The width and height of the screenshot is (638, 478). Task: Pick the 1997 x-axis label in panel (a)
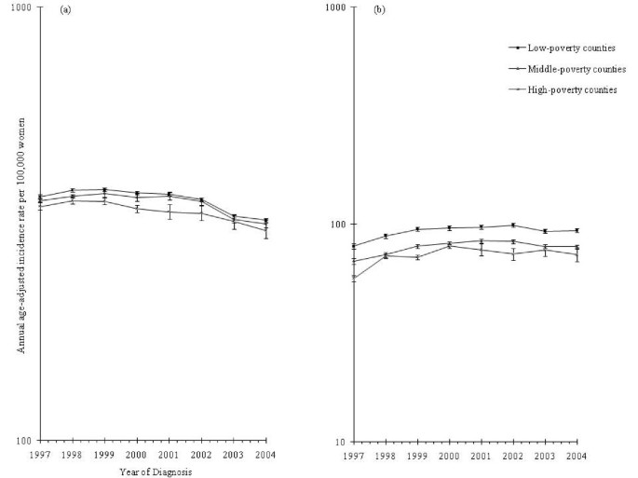(38, 455)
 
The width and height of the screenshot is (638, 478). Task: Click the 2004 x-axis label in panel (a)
(266, 455)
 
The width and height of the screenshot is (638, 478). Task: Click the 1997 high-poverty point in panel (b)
(353, 278)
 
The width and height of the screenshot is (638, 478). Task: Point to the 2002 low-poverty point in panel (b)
(513, 225)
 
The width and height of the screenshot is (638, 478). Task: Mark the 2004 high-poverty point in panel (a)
(266, 231)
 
